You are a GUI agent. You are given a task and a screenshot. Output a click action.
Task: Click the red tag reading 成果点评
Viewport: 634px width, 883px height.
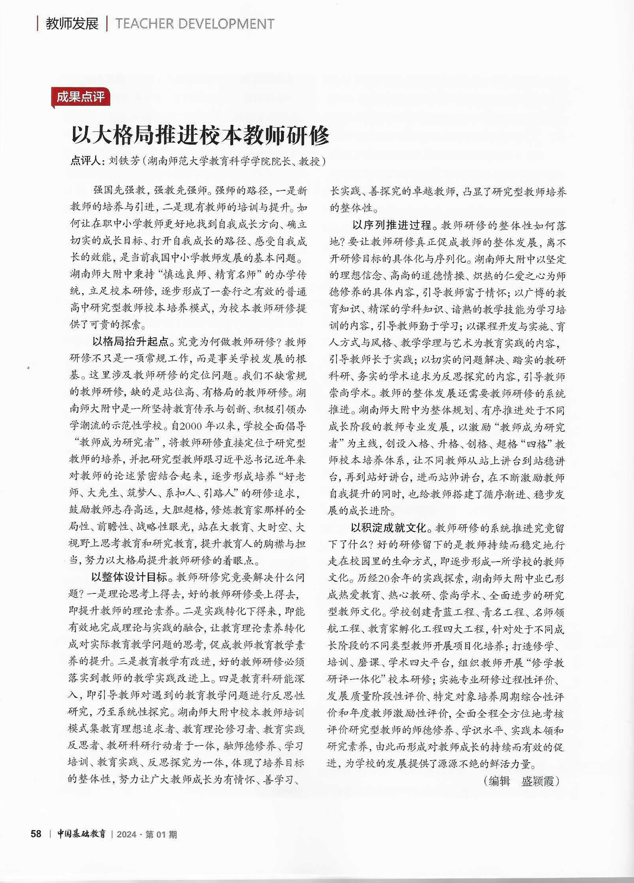pos(80,97)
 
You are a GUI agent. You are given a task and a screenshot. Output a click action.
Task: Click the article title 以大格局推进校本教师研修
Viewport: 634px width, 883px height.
pos(200,135)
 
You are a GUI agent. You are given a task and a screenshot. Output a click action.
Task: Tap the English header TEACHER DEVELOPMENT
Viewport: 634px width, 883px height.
pos(195,24)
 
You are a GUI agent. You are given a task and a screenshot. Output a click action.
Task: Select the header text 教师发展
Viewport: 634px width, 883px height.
pos(72,24)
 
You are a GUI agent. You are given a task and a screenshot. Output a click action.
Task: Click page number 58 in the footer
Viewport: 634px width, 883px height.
pos(36,834)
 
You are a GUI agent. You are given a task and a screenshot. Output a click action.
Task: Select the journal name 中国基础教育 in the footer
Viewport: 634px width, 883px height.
pos(81,834)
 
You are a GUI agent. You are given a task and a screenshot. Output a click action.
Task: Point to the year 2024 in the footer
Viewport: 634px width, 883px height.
pos(126,834)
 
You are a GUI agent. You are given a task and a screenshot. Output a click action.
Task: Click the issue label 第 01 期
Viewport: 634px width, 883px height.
pos(161,834)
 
